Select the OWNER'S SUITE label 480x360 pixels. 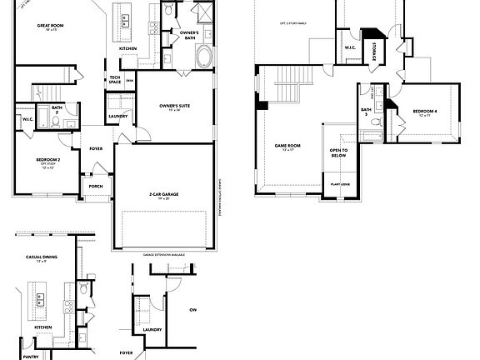177,106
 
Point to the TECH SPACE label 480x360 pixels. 116,80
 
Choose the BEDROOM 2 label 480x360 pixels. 47,159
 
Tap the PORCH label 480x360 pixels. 96,186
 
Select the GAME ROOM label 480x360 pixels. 287,145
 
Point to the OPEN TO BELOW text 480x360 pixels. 339,152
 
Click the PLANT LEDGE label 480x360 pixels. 340,184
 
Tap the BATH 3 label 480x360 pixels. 366,112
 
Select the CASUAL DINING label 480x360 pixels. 41,257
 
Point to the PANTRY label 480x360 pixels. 31,356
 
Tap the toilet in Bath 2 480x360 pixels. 54,122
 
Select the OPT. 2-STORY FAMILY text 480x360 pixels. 291,23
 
